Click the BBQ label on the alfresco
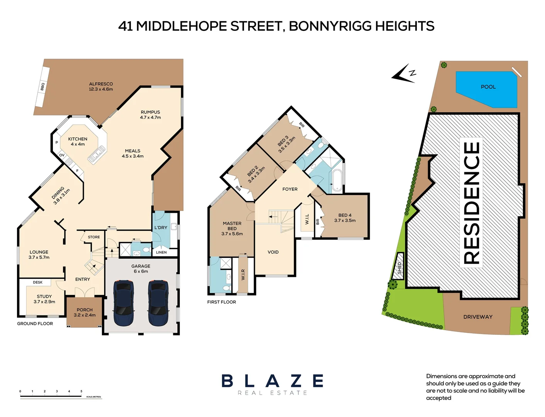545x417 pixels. [42, 86]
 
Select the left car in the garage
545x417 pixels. [124, 303]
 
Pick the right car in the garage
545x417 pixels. [158, 303]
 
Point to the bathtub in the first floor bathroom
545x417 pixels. [337, 180]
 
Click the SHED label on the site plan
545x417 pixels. [399, 268]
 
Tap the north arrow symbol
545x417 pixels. [404, 73]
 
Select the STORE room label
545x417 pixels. [94, 237]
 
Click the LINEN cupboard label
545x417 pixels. [161, 253]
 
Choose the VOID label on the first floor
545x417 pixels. [273, 252]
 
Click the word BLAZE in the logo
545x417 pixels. [272, 381]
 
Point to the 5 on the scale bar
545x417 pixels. [81, 391]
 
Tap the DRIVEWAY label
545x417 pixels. [478, 317]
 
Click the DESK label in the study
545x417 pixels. [38, 282]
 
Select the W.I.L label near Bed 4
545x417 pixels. [307, 219]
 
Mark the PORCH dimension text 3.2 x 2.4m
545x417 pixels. [85, 315]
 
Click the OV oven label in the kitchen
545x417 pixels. [62, 155]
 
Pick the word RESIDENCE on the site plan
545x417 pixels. [471, 203]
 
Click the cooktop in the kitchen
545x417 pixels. [69, 162]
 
